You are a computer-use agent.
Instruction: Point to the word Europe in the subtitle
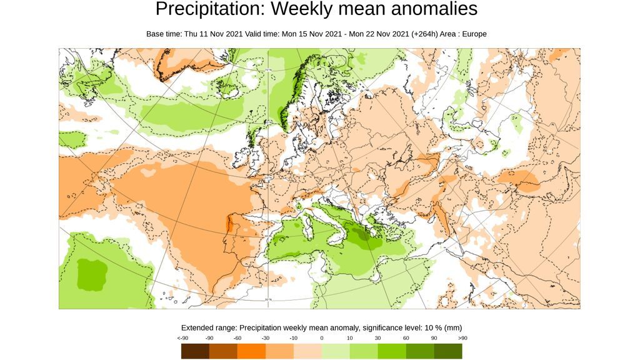[473, 34]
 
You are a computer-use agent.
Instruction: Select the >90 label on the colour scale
[462, 338]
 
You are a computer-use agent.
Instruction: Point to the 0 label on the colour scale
[322, 338]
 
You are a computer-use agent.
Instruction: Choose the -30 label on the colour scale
[266, 338]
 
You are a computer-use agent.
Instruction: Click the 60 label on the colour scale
[406, 338]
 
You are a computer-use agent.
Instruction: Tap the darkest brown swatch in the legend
[195, 351]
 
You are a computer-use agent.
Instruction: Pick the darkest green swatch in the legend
[448, 351]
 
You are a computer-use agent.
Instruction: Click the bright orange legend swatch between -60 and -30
[251, 351]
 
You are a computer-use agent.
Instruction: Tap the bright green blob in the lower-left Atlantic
[92, 274]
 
